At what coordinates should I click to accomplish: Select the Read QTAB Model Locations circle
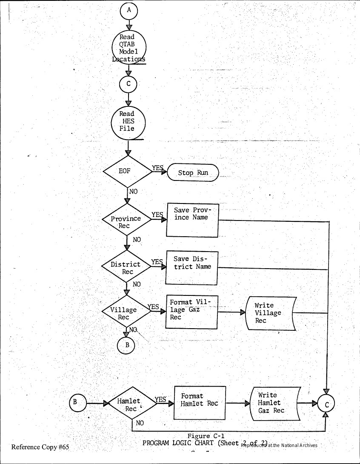tap(129, 48)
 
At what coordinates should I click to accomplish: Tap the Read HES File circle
tap(128, 121)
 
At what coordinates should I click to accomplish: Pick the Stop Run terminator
tap(193, 173)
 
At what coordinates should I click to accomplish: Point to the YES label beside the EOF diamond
tap(158, 168)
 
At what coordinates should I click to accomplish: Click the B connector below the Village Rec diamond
tap(127, 345)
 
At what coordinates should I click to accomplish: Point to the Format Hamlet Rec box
tap(200, 403)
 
